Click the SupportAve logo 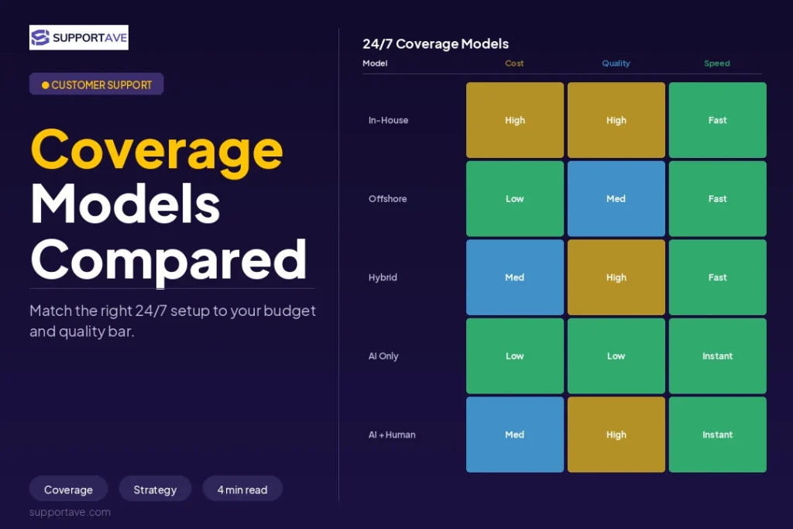tap(79, 37)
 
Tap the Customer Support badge tap(97, 84)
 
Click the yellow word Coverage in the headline tap(156, 150)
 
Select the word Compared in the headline tap(168, 260)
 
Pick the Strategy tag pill tap(155, 489)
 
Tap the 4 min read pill tap(242, 489)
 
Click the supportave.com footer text tap(70, 512)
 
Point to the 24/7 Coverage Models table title tap(435, 44)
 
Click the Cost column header tap(514, 64)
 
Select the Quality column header tap(616, 64)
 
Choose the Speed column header tap(717, 64)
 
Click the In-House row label tap(389, 120)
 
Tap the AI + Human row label tap(392, 435)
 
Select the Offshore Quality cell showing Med tap(616, 199)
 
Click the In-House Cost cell tap(515, 120)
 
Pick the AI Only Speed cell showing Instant tap(718, 356)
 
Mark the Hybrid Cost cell tap(515, 277)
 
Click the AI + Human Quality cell tap(616, 435)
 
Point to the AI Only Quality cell tap(616, 356)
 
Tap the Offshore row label tap(388, 199)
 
